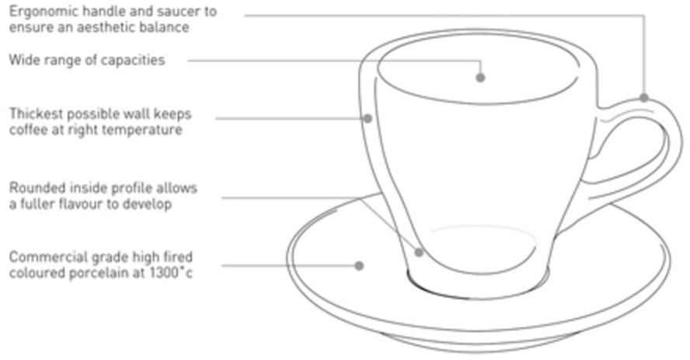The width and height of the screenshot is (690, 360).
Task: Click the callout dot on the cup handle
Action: click(644, 98)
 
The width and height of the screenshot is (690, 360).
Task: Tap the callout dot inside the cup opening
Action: click(480, 78)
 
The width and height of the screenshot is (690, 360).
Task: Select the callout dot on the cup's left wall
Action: click(368, 118)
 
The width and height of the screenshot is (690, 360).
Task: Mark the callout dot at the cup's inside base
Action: click(420, 252)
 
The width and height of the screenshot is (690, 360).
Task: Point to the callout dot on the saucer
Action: click(359, 265)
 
